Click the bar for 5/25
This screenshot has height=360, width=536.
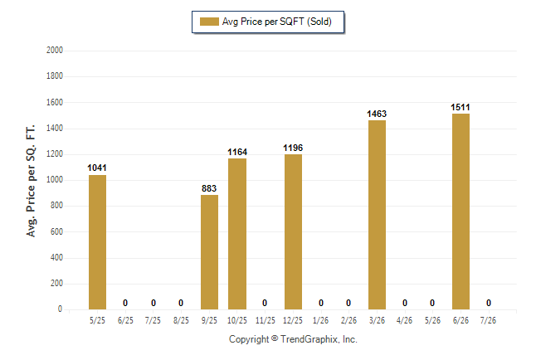(x=97, y=242)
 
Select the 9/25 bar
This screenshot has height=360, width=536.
(x=209, y=252)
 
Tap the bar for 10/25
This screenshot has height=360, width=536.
(x=237, y=234)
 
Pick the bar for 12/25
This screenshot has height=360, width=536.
(x=293, y=231)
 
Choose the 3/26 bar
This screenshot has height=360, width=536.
(x=377, y=215)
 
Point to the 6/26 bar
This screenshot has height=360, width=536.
(x=460, y=212)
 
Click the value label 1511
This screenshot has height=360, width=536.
(x=460, y=107)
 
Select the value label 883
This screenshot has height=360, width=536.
(x=209, y=188)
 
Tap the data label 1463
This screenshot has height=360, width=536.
(x=377, y=114)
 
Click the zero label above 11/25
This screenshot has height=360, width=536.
(x=265, y=303)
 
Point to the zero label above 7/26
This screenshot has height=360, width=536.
(x=489, y=303)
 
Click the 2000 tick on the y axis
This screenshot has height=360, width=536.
(x=55, y=51)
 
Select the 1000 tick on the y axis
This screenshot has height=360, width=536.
(x=55, y=180)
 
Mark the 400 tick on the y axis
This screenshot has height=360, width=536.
(x=56, y=257)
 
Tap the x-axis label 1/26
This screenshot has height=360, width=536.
(x=320, y=320)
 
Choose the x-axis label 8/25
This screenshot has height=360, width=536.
(x=181, y=320)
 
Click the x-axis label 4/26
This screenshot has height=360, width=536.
(x=404, y=320)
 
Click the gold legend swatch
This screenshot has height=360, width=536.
(x=209, y=22)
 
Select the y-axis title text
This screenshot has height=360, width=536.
(x=31, y=181)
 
